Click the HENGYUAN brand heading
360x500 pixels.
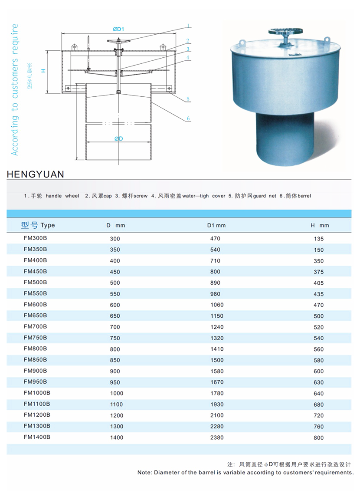[x=36, y=174]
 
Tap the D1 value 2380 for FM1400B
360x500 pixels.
[x=216, y=437]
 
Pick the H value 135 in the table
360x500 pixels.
[x=318, y=239]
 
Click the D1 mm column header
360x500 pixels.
[x=216, y=225]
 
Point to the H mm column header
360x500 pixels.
[x=319, y=225]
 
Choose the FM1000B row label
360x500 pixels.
[x=37, y=393]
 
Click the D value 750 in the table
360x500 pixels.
[x=115, y=338]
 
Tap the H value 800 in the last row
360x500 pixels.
[x=318, y=438]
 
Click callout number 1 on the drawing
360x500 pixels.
[x=189, y=26]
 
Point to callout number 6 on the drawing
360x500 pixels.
[x=189, y=118]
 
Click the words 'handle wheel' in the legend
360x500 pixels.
[x=62, y=196]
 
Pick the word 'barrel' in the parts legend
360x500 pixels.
[x=302, y=196]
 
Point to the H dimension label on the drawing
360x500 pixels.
[x=43, y=70]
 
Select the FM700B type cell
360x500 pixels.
[x=35, y=326]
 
